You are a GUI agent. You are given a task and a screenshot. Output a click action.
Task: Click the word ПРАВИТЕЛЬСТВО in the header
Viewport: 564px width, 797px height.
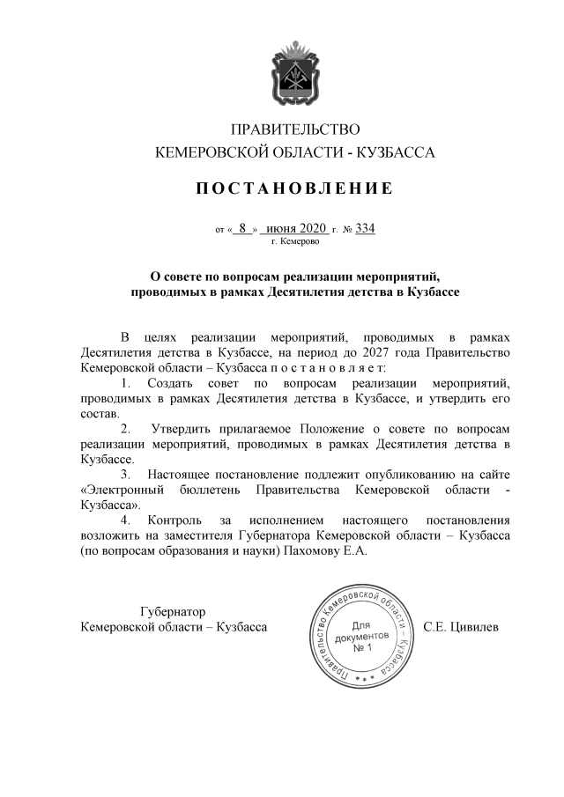click(x=282, y=130)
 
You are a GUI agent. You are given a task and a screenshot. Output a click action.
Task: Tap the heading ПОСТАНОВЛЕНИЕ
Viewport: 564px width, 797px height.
click(x=281, y=188)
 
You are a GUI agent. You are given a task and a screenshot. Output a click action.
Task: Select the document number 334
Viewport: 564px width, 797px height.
click(x=365, y=229)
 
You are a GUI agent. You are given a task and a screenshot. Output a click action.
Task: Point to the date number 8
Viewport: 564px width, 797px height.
click(x=241, y=229)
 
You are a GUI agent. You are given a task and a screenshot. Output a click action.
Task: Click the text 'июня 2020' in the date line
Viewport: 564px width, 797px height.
click(x=295, y=229)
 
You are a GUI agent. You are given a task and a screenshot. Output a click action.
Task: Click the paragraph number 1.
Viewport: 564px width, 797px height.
click(x=126, y=383)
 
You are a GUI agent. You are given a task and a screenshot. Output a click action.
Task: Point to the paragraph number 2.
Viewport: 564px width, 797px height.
click(x=126, y=429)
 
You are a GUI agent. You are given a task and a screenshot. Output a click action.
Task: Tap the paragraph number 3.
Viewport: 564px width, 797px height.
click(x=126, y=475)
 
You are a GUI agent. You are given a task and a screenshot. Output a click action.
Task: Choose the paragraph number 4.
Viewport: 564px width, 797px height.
click(x=126, y=520)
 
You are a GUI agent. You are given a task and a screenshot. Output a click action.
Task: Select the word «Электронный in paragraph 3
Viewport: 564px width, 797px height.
click(x=120, y=491)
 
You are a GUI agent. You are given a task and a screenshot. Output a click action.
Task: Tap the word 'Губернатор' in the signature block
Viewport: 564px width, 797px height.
click(x=173, y=611)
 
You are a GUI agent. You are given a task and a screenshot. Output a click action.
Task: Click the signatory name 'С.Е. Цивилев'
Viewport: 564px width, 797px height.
click(x=461, y=627)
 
